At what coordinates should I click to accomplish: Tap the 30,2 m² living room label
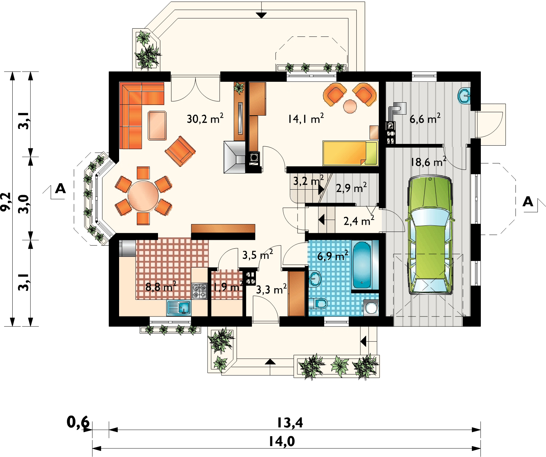(x=205, y=118)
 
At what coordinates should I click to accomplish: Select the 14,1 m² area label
(x=305, y=118)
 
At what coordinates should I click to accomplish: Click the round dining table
(x=143, y=196)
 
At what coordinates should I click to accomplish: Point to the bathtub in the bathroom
(x=362, y=265)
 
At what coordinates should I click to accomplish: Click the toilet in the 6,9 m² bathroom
(x=320, y=303)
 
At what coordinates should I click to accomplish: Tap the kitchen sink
(x=179, y=308)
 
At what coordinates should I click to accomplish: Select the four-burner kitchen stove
(x=200, y=291)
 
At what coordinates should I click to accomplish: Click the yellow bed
(x=350, y=153)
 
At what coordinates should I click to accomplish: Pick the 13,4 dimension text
(x=290, y=423)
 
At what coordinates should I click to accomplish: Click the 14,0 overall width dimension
(x=282, y=442)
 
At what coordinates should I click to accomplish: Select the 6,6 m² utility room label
(x=425, y=118)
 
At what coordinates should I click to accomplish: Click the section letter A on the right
(x=528, y=202)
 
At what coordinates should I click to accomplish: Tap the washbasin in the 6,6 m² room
(x=464, y=95)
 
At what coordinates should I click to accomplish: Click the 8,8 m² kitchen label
(x=161, y=286)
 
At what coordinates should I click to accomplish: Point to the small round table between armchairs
(x=350, y=106)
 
